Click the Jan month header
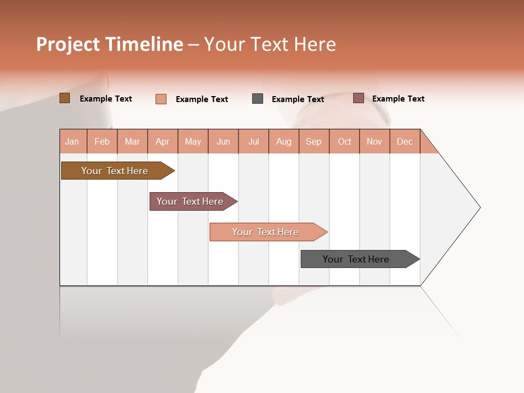[x=72, y=141]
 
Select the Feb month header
[x=102, y=141]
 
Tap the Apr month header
[x=162, y=141]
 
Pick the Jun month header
[x=223, y=141]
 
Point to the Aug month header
[x=283, y=141]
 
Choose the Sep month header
[x=313, y=141]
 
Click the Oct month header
[x=344, y=141]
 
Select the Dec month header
[x=404, y=141]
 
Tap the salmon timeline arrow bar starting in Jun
[x=267, y=232]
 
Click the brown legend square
[x=64, y=98]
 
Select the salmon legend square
[x=160, y=99]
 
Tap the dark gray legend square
[x=258, y=99]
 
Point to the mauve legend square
[x=358, y=98]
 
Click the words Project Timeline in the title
[x=109, y=44]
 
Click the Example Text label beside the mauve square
[x=398, y=99]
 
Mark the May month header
[x=193, y=141]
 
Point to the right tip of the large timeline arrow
[x=479, y=207]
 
